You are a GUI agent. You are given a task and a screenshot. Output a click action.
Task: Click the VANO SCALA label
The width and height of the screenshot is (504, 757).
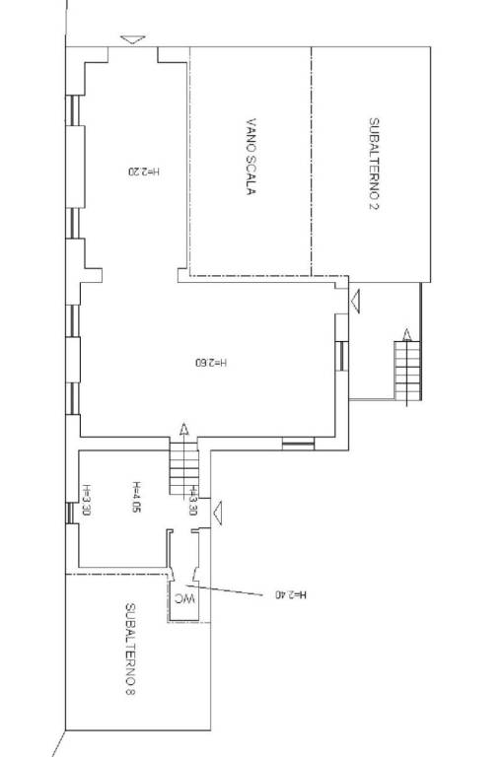(x=251, y=157)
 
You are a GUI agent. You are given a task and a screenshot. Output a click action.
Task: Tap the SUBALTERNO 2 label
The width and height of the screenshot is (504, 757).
(x=374, y=164)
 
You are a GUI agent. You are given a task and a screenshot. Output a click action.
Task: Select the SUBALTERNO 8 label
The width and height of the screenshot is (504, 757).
(x=130, y=649)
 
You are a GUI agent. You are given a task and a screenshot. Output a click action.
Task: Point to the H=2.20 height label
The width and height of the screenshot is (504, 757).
(x=144, y=171)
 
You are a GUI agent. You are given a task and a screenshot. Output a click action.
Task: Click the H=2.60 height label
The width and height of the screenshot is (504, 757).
(x=211, y=362)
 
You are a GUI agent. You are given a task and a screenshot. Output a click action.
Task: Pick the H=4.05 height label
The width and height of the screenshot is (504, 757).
(x=136, y=496)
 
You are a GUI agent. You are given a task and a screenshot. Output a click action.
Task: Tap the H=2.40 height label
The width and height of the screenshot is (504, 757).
(x=291, y=594)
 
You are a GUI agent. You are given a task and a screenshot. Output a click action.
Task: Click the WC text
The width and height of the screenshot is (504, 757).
(x=184, y=599)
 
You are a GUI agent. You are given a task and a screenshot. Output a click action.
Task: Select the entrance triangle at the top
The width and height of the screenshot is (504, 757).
(x=133, y=39)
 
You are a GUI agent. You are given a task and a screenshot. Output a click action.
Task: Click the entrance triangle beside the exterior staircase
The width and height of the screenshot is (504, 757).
(x=355, y=302)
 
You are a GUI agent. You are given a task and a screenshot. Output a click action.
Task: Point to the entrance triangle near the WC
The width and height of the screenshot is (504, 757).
(x=218, y=513)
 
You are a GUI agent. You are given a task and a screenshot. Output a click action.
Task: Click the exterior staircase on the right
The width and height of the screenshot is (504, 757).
(x=407, y=371)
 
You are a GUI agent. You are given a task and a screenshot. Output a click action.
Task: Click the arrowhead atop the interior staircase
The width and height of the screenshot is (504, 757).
(x=183, y=429)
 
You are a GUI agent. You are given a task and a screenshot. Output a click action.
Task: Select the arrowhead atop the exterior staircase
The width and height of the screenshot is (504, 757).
(x=407, y=334)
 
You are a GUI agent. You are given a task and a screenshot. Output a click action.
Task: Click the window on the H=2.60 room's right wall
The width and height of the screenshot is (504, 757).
(x=341, y=356)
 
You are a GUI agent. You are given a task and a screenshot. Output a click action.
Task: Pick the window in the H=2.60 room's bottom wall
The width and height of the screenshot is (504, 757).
(x=298, y=444)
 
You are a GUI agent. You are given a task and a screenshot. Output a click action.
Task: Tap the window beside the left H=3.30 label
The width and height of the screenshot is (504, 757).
(x=71, y=513)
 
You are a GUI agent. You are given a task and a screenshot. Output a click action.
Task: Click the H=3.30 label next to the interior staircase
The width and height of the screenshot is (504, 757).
(x=192, y=500)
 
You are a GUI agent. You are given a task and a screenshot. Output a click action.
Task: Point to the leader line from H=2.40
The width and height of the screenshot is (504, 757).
(x=224, y=590)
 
